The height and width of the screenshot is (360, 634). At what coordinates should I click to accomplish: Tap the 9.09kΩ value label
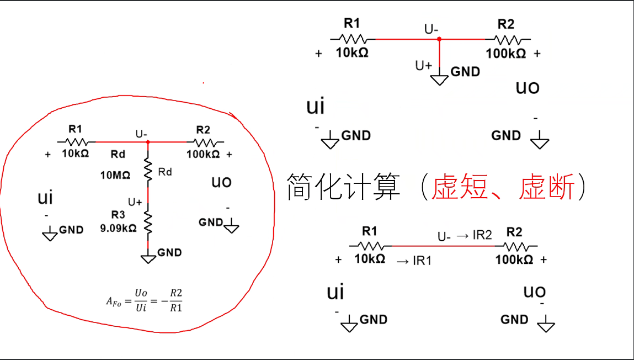[x=118, y=227]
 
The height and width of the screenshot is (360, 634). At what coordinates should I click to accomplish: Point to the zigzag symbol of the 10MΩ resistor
[x=148, y=169]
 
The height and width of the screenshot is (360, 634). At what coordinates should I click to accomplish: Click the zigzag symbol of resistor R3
[x=148, y=220]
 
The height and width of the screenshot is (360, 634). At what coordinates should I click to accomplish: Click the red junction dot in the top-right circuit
[x=439, y=39]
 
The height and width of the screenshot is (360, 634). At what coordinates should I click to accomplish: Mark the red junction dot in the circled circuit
[x=148, y=142]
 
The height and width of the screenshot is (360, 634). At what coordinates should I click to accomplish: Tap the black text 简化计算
[x=343, y=187]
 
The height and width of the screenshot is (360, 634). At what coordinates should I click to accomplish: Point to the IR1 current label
[x=414, y=261]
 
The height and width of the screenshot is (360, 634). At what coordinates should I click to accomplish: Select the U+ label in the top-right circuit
[x=424, y=65]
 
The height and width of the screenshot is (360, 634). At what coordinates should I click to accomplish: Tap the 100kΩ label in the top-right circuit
[x=505, y=54]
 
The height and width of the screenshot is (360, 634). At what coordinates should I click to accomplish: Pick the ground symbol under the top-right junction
[x=440, y=79]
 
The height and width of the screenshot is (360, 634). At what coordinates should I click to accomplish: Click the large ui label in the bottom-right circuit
[x=335, y=292]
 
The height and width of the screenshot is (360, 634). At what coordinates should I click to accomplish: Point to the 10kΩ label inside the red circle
[x=75, y=154]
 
